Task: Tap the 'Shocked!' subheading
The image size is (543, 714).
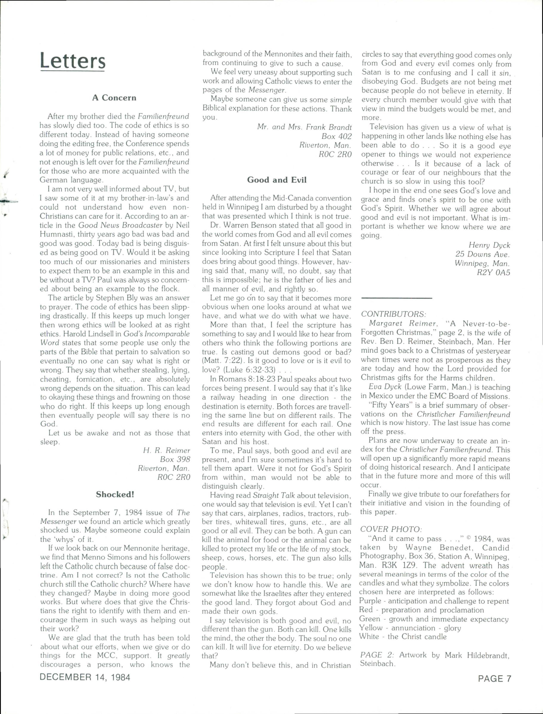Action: coord(115,494)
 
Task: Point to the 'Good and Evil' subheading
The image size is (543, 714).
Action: coord(277,180)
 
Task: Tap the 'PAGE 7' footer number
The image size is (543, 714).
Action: coord(495,678)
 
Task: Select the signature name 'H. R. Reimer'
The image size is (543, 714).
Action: coord(166,450)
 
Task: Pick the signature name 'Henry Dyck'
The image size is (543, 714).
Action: coord(489,245)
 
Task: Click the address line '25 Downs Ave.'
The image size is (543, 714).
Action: coord(483,254)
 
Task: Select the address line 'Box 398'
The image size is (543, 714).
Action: coord(175,459)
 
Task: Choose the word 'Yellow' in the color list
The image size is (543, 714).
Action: coord(371,628)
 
